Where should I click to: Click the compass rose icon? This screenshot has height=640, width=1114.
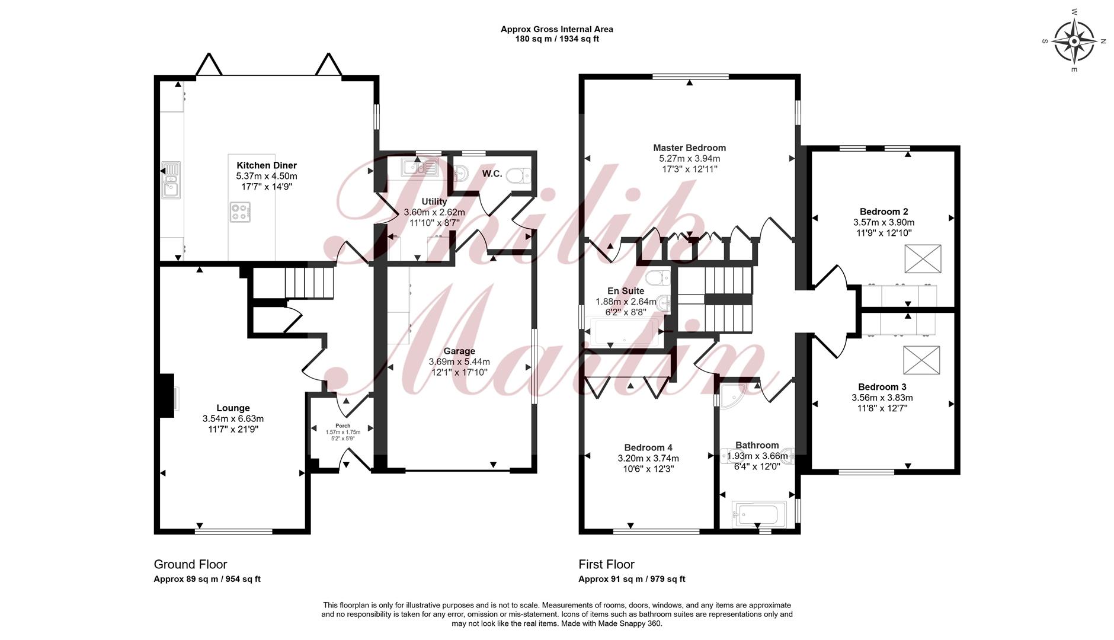[x=1074, y=41]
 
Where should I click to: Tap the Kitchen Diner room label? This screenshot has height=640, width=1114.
[x=267, y=165]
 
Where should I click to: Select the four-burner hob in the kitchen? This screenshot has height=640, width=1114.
[x=240, y=212]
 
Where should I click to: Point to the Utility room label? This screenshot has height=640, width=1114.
[x=434, y=201]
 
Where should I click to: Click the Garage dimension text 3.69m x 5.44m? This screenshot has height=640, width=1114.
[x=459, y=361]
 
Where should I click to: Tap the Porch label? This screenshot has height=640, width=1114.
[x=343, y=425]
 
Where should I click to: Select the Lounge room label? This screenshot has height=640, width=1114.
[x=233, y=408]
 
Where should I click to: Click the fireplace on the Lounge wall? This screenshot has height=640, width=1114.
[x=167, y=396]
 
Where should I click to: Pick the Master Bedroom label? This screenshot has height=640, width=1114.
[x=690, y=148]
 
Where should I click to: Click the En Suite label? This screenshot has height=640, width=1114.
[x=626, y=291]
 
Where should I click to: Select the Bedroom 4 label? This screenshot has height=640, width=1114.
[x=648, y=447]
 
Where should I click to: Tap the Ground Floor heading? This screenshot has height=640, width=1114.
[x=190, y=564]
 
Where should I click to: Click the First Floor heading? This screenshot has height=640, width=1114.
[x=606, y=564]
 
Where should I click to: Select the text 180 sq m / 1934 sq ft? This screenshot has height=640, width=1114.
[x=557, y=39]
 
